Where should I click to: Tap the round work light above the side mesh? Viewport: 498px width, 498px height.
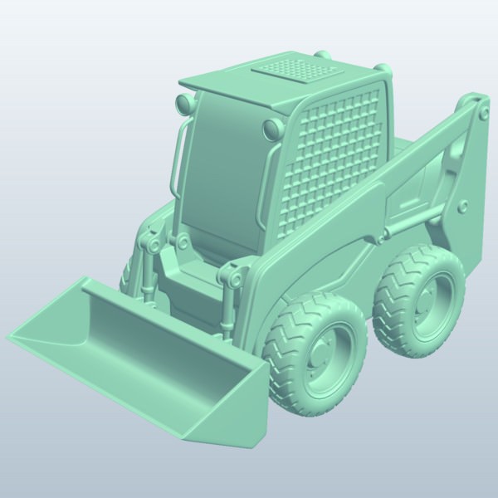271,129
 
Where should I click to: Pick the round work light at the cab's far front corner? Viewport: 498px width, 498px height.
182,104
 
